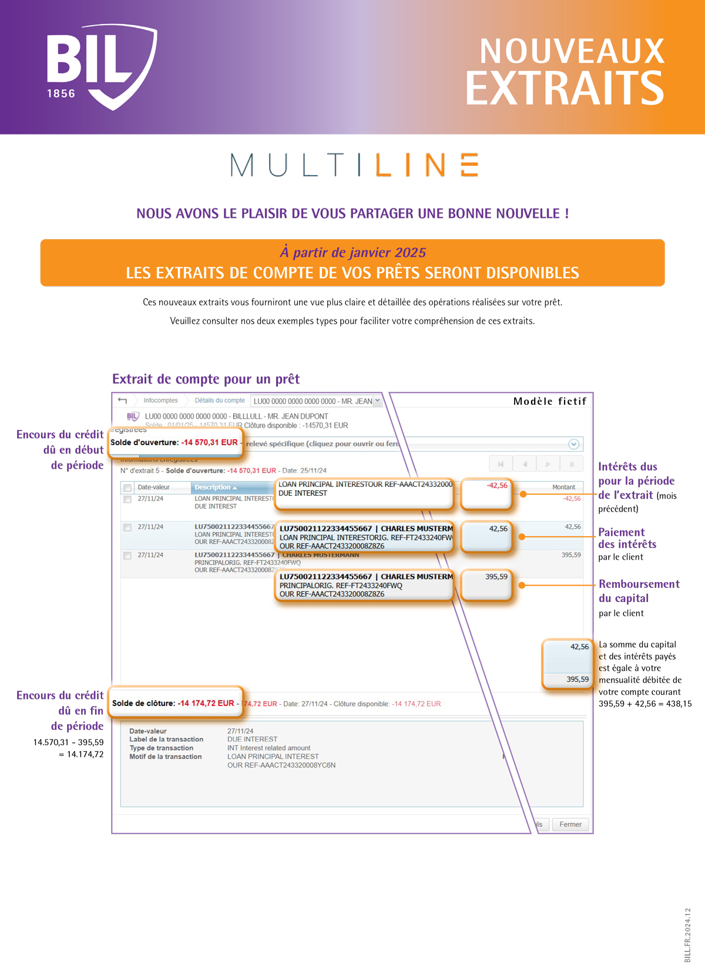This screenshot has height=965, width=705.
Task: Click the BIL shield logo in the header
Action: click(102, 66)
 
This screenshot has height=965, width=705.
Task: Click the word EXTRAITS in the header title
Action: click(565, 88)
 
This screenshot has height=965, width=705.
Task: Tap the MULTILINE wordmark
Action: click(354, 165)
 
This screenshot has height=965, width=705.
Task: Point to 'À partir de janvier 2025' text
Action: click(352, 253)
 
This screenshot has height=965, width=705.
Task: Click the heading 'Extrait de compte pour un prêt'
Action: click(206, 379)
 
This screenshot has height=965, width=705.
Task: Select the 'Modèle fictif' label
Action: click(549, 401)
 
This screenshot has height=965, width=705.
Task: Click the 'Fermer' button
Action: click(570, 824)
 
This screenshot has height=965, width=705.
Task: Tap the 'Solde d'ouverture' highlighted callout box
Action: click(174, 442)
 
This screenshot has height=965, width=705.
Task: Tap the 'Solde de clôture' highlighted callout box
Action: click(174, 703)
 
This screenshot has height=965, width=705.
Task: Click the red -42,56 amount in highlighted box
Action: click(496, 486)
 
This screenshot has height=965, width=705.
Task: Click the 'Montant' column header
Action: click(563, 487)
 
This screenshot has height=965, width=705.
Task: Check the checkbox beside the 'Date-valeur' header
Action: click(127, 487)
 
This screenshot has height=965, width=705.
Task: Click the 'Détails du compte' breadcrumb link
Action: click(220, 401)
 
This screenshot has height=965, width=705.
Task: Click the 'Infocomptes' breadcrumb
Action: click(160, 401)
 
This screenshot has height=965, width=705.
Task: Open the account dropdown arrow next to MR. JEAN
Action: click(377, 401)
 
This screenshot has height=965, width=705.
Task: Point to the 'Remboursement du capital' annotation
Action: click(639, 591)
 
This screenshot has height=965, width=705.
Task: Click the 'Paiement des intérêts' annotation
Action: click(627, 538)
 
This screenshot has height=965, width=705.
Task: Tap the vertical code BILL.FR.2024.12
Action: click(687, 934)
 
